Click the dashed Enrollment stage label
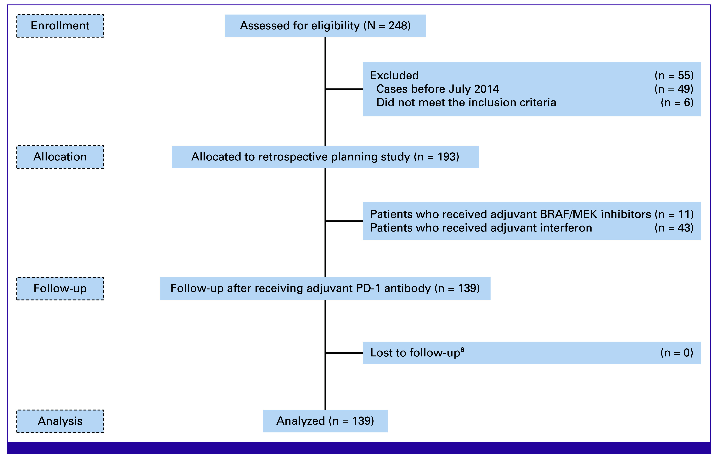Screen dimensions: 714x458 (60, 26)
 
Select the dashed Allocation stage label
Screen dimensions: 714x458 (60, 157)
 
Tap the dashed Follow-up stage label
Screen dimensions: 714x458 (60, 288)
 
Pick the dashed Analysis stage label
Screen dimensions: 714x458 (60, 421)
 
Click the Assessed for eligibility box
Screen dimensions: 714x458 (325, 26)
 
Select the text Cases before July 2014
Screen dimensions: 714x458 (438, 89)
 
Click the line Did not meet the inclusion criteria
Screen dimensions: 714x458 (466, 103)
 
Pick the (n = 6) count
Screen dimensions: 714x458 (677, 103)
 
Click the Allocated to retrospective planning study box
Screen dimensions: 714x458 (325, 157)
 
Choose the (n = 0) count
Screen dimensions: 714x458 (677, 353)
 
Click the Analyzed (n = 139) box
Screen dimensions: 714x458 (325, 421)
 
